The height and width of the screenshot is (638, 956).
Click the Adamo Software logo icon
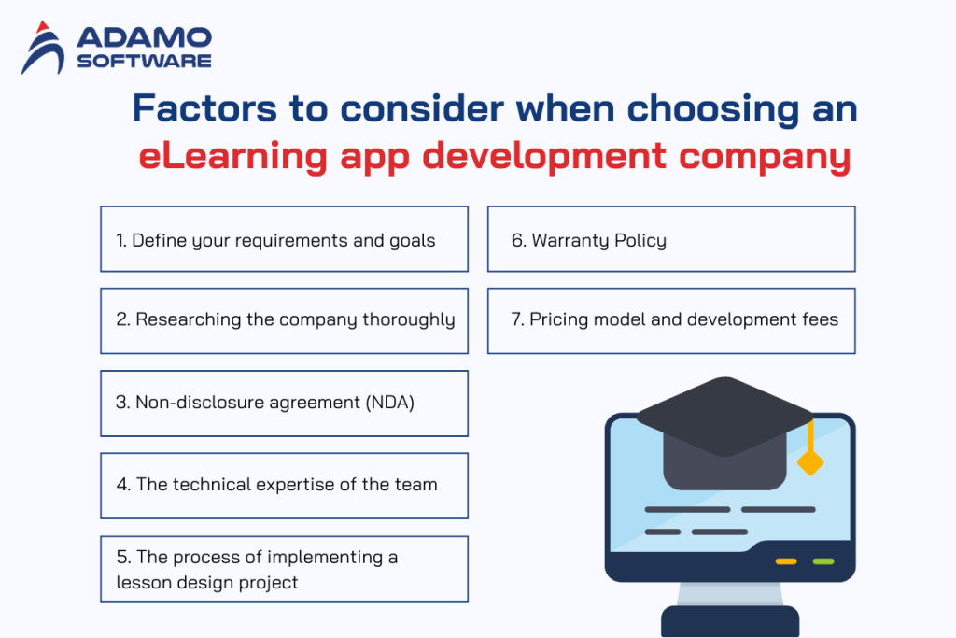click(x=42, y=49)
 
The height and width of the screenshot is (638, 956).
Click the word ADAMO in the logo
click(x=144, y=37)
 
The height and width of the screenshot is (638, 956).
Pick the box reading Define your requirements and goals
click(x=284, y=239)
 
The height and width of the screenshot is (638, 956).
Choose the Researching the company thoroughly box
click(x=284, y=320)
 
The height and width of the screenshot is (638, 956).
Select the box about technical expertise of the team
click(x=284, y=485)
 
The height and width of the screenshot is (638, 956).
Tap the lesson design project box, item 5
click(x=284, y=569)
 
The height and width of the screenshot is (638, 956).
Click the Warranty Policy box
click(x=671, y=239)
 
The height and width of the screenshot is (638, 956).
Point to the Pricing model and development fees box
click(x=671, y=320)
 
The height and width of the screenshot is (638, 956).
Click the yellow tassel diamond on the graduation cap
click(x=810, y=461)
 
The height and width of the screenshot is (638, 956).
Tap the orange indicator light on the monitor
click(x=786, y=561)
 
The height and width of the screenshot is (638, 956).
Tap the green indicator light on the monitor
click(x=822, y=561)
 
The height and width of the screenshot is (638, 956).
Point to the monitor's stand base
click(x=730, y=621)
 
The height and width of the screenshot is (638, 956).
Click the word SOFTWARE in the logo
click(x=144, y=61)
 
